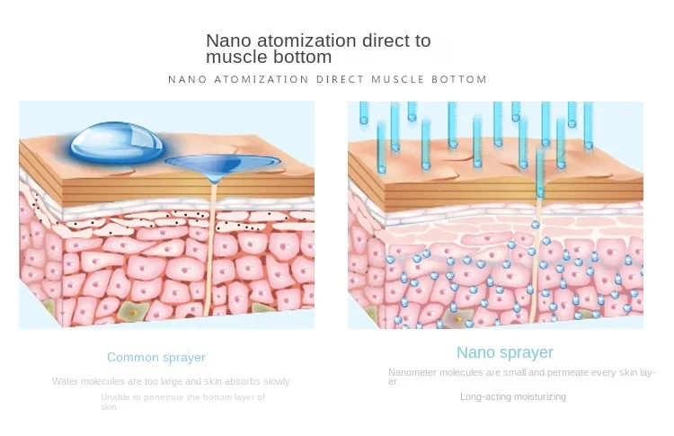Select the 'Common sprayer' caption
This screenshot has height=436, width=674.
click(x=156, y=357)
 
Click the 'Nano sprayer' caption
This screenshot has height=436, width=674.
click(x=505, y=352)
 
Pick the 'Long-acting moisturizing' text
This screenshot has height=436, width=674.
click(x=513, y=396)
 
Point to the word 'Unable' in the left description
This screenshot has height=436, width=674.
click(x=115, y=396)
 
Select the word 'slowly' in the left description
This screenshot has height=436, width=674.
click(x=274, y=381)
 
